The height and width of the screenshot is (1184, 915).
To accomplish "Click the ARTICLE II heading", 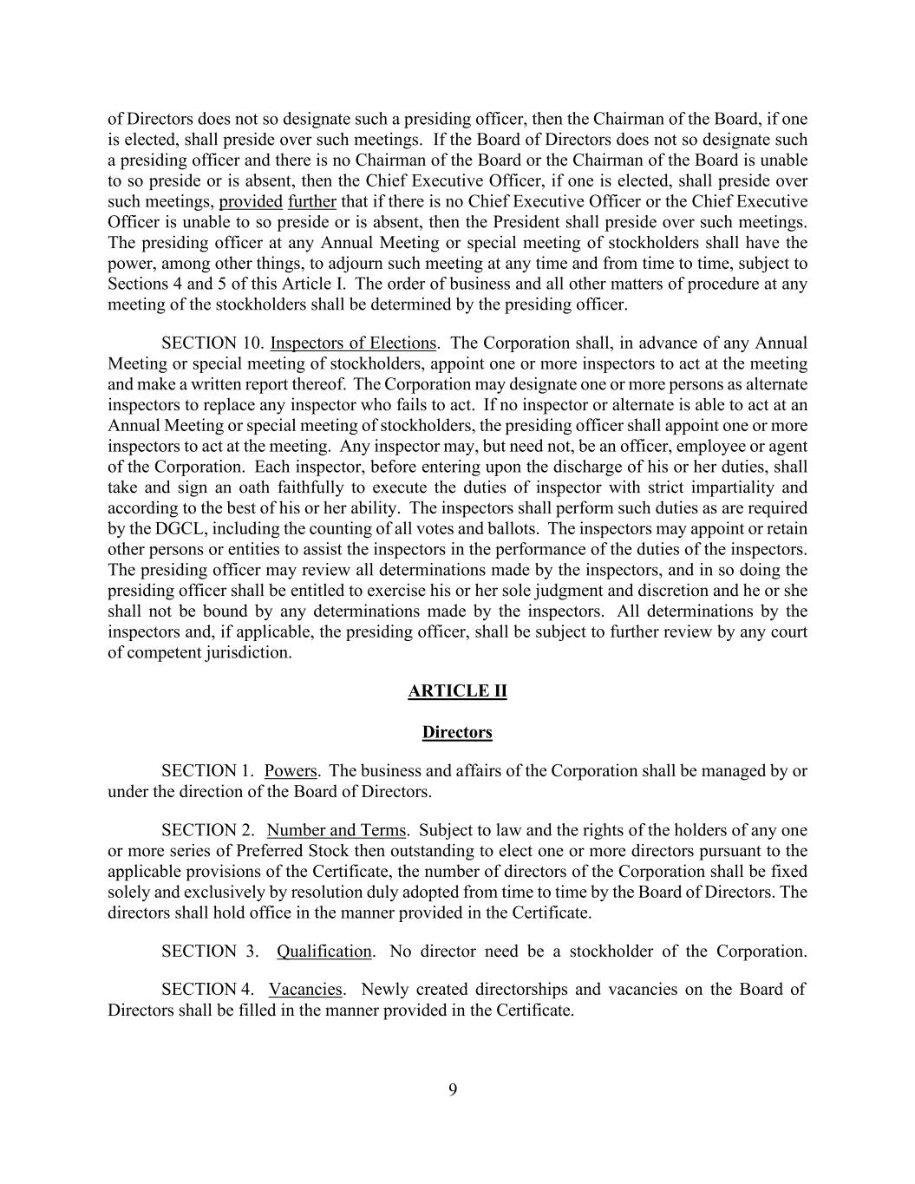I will click(457, 691).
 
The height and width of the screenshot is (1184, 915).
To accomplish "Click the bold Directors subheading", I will click(457, 732).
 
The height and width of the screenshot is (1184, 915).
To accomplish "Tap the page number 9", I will click(453, 1090).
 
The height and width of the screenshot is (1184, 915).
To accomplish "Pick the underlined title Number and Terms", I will click(337, 830).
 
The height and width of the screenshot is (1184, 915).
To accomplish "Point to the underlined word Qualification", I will click(324, 951).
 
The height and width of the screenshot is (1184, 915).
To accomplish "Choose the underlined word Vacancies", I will click(306, 989).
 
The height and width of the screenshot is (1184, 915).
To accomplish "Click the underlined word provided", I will click(251, 201).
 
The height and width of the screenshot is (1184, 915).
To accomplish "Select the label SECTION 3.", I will click(209, 951).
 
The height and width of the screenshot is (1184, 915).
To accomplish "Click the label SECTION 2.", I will click(207, 830).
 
